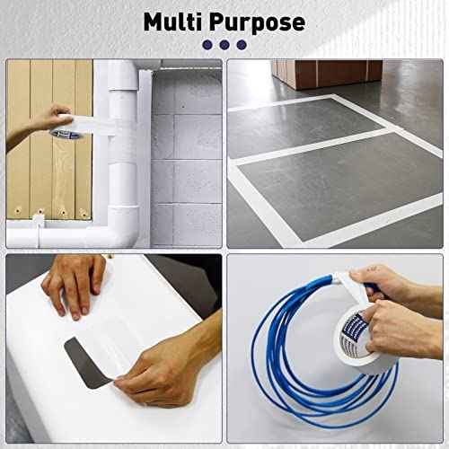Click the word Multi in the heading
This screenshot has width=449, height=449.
[x=177, y=22]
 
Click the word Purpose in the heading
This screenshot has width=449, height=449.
[x=260, y=22]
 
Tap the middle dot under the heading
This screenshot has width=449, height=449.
[x=224, y=44]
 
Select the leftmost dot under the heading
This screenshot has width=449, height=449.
[x=207, y=44]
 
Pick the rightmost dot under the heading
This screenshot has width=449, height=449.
[x=241, y=44]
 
